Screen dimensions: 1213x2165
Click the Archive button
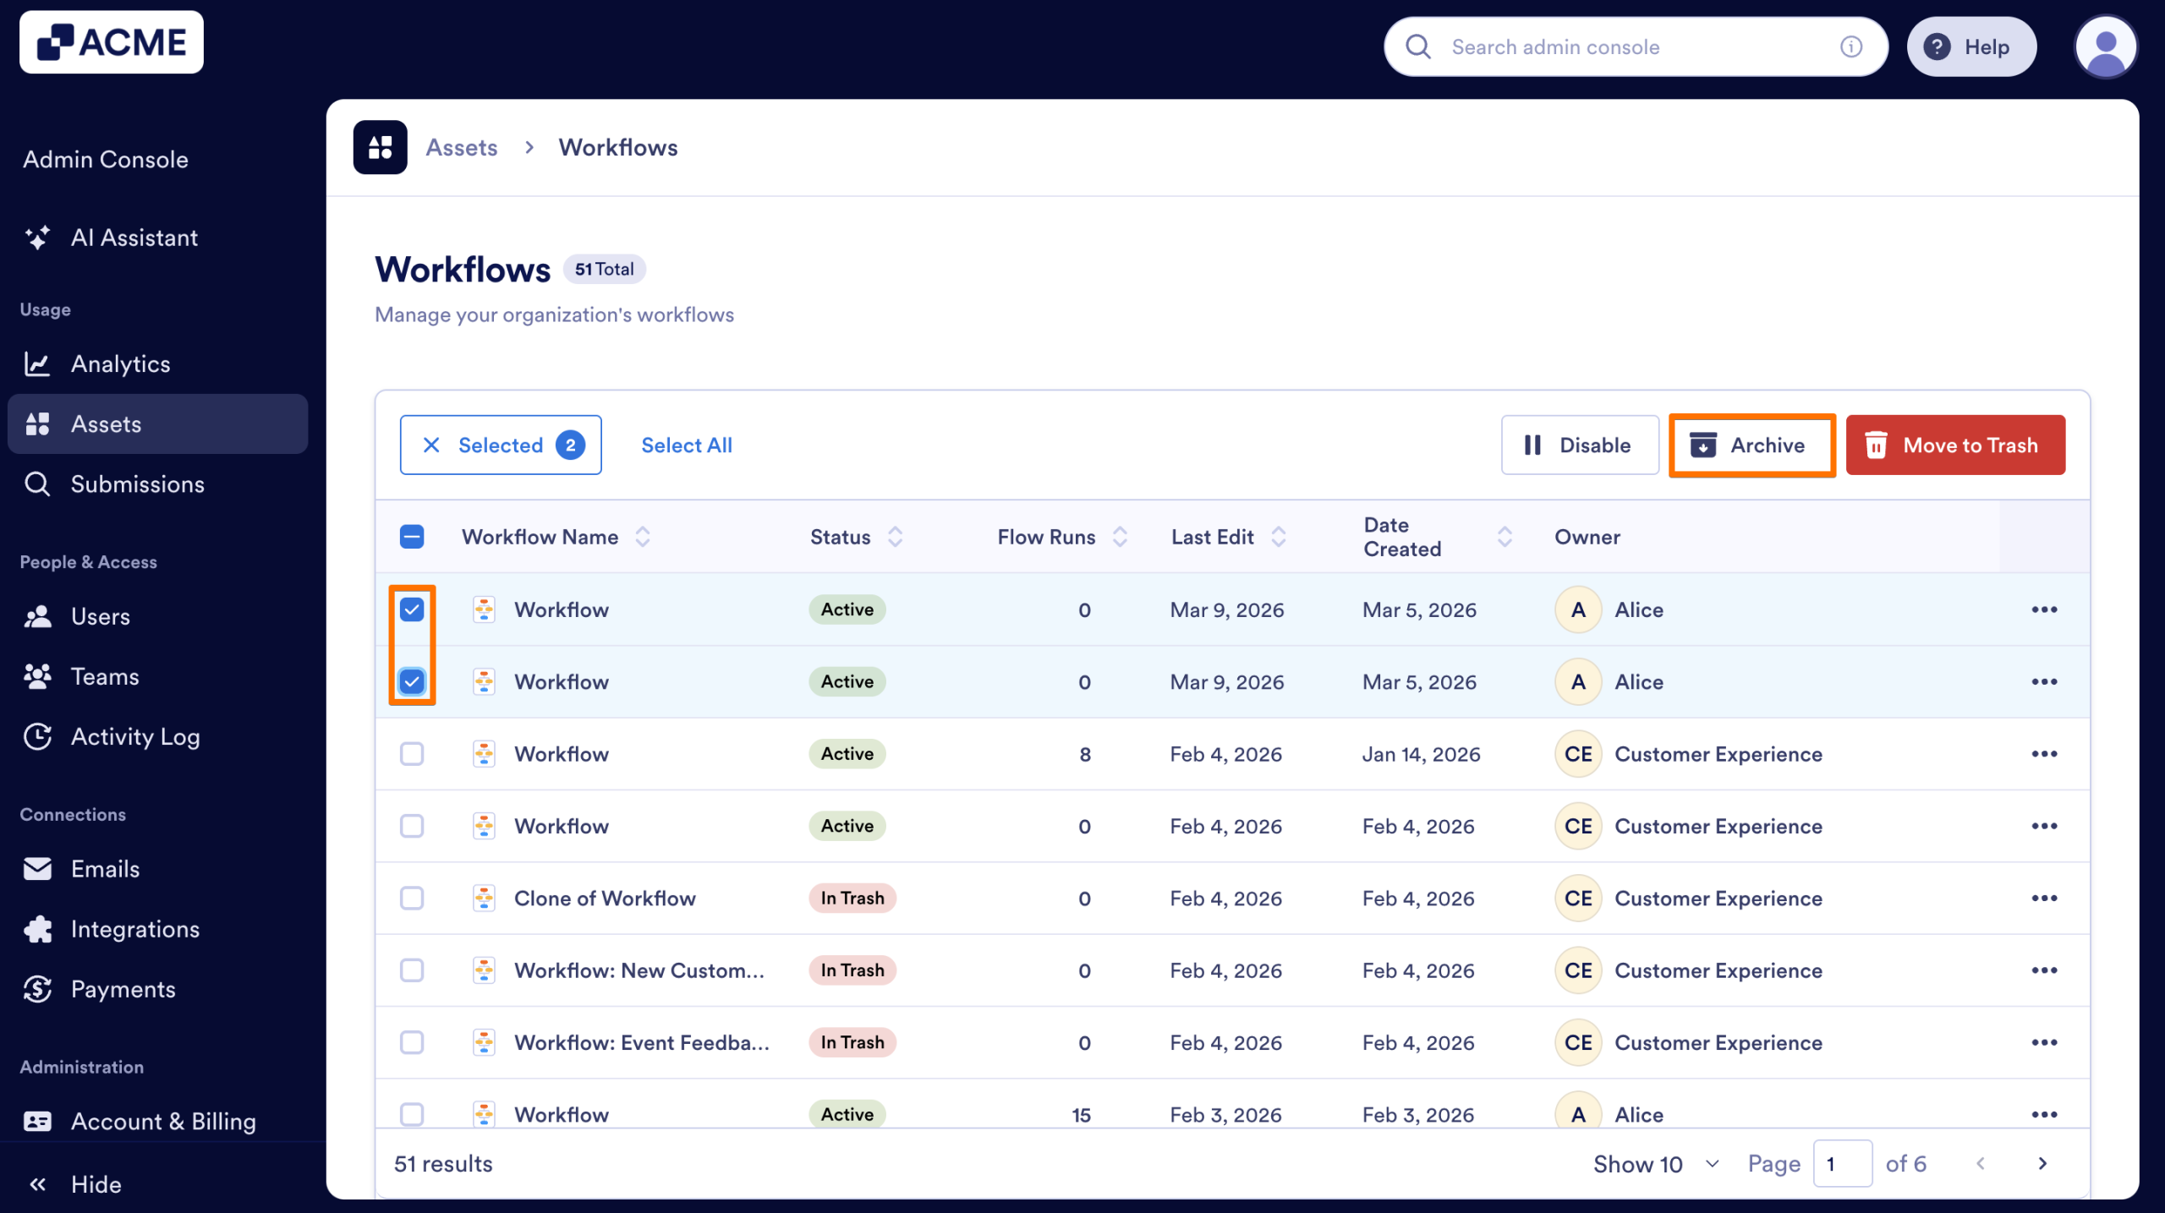(x=1751, y=445)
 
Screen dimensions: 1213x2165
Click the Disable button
(x=1579, y=445)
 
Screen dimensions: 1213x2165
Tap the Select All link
(x=686, y=445)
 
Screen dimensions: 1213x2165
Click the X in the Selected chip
(x=431, y=445)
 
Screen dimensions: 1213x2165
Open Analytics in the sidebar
(x=120, y=364)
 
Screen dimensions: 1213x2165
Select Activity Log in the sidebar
(x=135, y=737)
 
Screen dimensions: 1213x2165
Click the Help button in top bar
(x=1970, y=47)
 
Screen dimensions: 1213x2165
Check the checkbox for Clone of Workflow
(x=412, y=899)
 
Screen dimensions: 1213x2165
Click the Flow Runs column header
(x=1046, y=538)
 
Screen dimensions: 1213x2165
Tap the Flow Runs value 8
(x=1085, y=755)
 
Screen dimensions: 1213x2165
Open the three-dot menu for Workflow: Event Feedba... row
(x=2044, y=1043)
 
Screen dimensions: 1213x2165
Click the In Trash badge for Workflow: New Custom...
(x=852, y=971)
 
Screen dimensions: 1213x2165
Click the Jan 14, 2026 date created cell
(x=1421, y=755)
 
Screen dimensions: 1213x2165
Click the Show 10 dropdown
(x=1655, y=1165)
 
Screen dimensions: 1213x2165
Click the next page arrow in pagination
(x=2042, y=1164)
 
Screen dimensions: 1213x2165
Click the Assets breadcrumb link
(x=461, y=148)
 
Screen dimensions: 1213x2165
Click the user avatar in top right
(x=2105, y=47)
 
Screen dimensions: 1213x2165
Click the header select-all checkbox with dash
(x=412, y=538)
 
